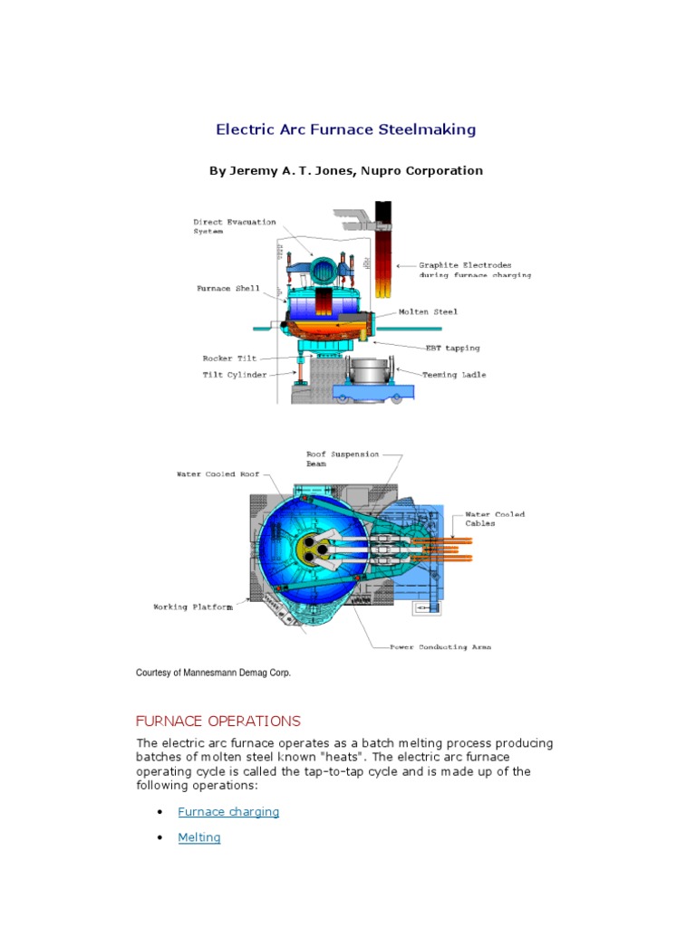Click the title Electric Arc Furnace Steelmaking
tap(345, 129)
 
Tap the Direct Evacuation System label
tap(235, 226)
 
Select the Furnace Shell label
tap(228, 289)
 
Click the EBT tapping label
tap(453, 347)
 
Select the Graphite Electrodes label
tap(474, 270)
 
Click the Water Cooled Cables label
tap(495, 519)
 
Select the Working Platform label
tap(192, 607)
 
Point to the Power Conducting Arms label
tap(440, 647)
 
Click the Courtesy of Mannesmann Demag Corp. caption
tap(213, 673)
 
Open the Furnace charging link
tap(228, 812)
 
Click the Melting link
tap(199, 837)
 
